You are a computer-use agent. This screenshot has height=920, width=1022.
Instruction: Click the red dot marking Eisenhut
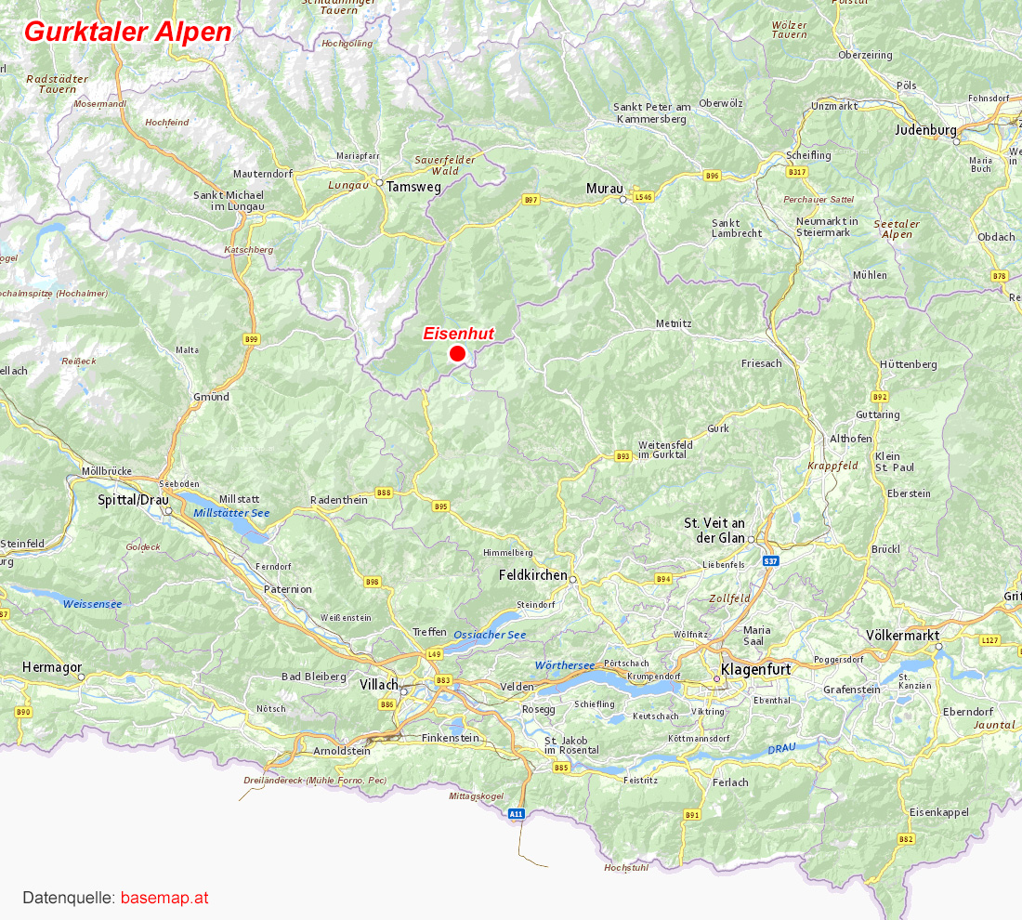click(457, 353)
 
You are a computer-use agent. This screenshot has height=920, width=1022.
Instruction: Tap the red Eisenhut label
click(457, 334)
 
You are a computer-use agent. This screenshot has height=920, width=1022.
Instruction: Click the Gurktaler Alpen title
click(128, 32)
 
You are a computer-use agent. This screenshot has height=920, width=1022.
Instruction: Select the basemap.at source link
click(164, 899)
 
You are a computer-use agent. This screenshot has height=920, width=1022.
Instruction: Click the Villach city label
click(379, 685)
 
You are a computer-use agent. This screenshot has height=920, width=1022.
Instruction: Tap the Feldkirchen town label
click(532, 575)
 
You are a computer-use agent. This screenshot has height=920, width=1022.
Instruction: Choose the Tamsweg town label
click(413, 186)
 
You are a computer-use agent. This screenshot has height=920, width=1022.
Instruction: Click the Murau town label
click(604, 189)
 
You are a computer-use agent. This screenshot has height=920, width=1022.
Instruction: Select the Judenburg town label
click(925, 130)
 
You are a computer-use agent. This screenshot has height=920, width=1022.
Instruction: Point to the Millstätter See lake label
click(231, 513)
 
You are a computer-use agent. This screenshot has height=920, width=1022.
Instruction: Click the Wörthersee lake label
click(565, 665)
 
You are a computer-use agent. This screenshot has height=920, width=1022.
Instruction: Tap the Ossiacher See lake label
click(490, 635)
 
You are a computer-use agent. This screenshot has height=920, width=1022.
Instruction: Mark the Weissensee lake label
click(92, 604)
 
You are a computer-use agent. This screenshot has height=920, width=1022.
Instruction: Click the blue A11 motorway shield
click(517, 813)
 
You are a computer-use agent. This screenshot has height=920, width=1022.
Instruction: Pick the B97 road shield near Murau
click(531, 200)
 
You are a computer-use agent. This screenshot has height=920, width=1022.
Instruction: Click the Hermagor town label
click(52, 667)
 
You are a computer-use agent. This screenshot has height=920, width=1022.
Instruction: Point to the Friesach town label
click(761, 363)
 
